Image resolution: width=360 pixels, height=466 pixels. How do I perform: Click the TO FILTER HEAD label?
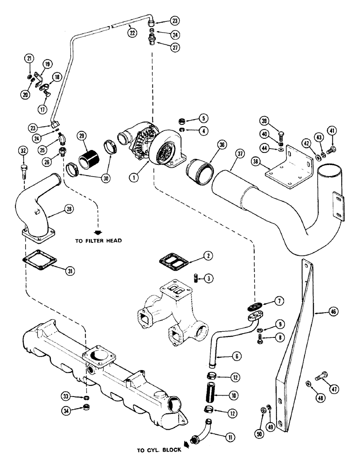(x=98, y=241)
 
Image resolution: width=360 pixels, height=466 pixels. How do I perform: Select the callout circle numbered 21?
(x=29, y=58)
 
